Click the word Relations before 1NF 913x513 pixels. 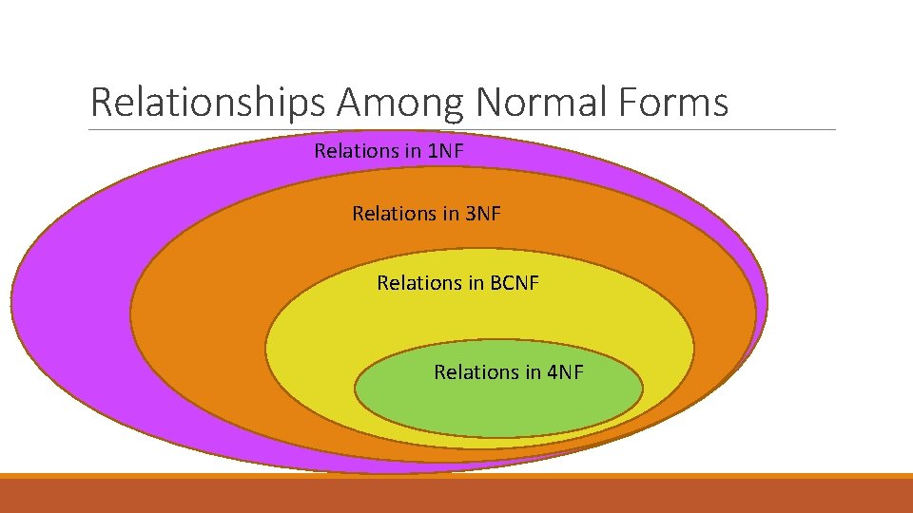click(356, 150)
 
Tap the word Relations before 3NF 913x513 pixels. click(394, 214)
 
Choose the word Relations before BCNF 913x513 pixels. click(419, 282)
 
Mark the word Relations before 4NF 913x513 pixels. click(476, 372)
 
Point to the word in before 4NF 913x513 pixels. click(530, 372)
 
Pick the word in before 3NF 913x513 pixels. click(449, 214)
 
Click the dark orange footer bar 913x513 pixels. click(456, 496)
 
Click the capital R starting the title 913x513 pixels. click(100, 102)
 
